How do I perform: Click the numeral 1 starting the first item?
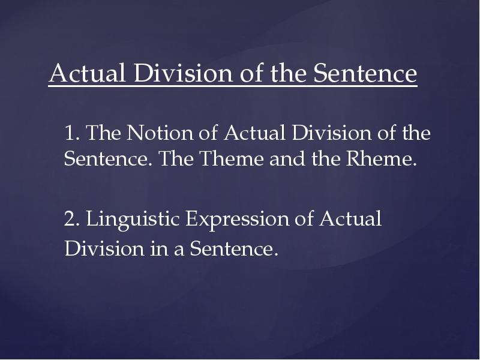(70, 133)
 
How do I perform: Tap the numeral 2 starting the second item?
(70, 220)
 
